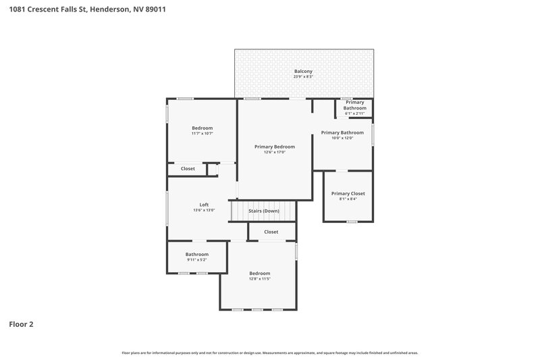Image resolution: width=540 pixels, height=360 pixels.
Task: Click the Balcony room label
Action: click(303, 71)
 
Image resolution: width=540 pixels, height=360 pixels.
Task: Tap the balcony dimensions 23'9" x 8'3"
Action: click(303, 77)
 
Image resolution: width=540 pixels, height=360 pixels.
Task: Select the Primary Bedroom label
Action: click(274, 147)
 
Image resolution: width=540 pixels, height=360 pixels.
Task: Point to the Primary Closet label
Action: click(348, 193)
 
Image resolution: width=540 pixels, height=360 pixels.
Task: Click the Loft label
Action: click(204, 205)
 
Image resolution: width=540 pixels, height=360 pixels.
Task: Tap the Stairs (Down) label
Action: click(264, 211)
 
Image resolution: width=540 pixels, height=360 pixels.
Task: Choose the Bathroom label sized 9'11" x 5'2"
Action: click(197, 254)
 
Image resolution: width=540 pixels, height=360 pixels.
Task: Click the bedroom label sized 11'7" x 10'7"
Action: click(202, 128)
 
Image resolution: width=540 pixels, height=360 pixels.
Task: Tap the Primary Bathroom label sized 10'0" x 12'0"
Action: click(342, 132)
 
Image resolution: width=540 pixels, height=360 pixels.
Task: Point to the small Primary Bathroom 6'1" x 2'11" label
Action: click(354, 105)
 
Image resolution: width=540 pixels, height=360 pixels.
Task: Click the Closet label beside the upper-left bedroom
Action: click(188, 168)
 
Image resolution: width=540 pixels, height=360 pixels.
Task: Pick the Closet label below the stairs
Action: click(271, 232)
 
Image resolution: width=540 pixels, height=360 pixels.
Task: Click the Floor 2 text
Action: click(21, 324)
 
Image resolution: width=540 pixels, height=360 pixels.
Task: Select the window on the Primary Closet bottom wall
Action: click(352, 222)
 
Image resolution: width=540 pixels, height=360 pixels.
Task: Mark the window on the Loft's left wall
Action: click(167, 209)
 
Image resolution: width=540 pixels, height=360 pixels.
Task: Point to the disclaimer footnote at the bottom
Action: click(269, 353)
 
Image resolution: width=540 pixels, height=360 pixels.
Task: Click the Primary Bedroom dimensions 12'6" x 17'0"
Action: click(274, 153)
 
